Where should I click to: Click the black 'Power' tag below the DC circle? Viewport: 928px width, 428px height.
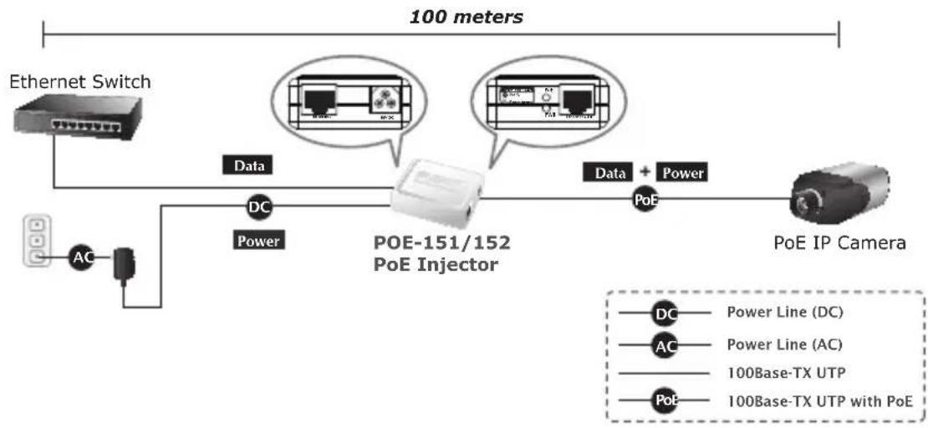click(x=258, y=241)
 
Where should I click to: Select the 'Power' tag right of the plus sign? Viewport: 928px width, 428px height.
click(x=682, y=173)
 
